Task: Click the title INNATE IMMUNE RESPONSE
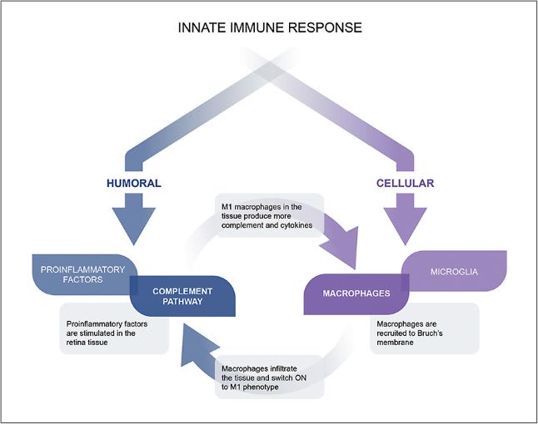coord(270,27)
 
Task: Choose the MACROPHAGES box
coord(356,293)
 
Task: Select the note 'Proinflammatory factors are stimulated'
coord(113,329)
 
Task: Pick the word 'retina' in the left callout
coord(97,340)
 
